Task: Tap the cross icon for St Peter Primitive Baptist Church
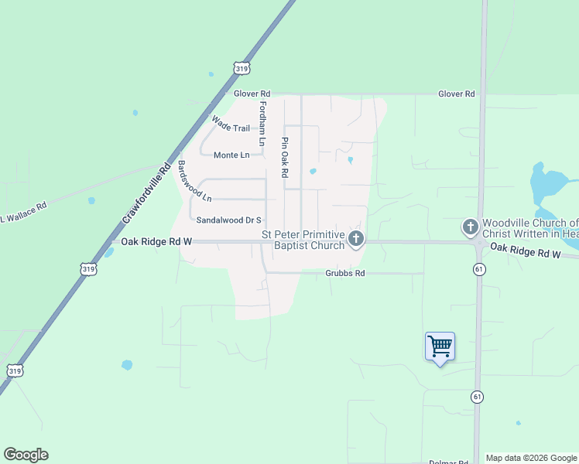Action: pyautogui.click(x=356, y=238)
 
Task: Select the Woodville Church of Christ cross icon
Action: pyautogui.click(x=470, y=227)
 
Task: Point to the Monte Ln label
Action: pyautogui.click(x=231, y=155)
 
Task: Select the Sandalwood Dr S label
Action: pyautogui.click(x=229, y=220)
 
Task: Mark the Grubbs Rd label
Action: pyautogui.click(x=344, y=273)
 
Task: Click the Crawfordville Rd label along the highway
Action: pyautogui.click(x=146, y=193)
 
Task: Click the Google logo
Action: pyautogui.click(x=26, y=455)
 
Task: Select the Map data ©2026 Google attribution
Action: pyautogui.click(x=531, y=458)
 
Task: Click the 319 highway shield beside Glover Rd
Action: pyautogui.click(x=242, y=68)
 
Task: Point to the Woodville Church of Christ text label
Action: pyautogui.click(x=531, y=228)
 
